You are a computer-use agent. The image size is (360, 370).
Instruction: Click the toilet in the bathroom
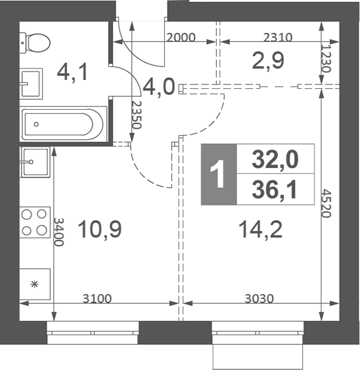point(35,43)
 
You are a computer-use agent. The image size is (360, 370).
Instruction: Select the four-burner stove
point(35,222)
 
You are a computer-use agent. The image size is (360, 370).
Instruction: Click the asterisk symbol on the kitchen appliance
point(34,284)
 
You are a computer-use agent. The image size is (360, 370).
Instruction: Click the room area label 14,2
point(260,230)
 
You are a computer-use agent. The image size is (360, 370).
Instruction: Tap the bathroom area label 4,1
point(72,72)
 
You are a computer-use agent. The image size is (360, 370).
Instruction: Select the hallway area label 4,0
point(159,87)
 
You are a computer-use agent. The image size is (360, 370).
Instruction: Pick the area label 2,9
point(267,61)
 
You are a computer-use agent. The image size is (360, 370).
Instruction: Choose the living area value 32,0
point(275,159)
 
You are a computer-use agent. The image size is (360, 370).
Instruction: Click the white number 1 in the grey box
point(218,174)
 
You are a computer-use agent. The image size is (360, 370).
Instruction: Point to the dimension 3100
point(97,298)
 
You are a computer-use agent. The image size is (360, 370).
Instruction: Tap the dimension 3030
point(259,298)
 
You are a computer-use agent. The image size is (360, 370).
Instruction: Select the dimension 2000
point(181,37)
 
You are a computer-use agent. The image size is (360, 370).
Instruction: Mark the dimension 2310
point(278,37)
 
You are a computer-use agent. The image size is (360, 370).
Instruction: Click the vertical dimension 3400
point(59,232)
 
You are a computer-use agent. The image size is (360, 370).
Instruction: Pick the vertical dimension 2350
point(136,115)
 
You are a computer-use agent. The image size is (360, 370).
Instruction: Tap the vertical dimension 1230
point(326,59)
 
